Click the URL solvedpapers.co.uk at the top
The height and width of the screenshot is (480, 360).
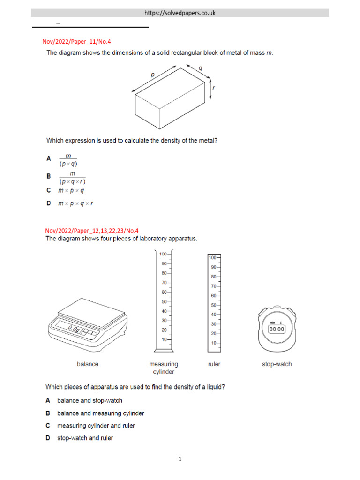tap(180, 13)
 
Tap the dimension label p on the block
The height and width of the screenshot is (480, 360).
tap(152, 75)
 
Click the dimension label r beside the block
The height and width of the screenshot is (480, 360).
tap(214, 88)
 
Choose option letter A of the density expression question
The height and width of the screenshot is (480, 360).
tap(48, 159)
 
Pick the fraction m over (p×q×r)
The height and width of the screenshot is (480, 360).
tap(72, 178)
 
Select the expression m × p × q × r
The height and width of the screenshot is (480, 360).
tap(79, 203)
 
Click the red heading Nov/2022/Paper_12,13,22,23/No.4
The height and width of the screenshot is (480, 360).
tap(92, 230)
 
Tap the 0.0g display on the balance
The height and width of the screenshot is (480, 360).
tap(73, 329)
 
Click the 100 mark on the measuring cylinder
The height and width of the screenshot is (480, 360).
tap(163, 254)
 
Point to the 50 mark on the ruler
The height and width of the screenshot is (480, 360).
tap(213, 305)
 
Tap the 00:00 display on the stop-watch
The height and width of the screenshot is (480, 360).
tap(276, 330)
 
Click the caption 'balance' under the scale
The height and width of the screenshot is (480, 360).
tap(88, 364)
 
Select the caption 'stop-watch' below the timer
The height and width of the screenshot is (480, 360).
tap(277, 364)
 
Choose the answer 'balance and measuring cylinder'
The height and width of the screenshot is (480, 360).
tap(100, 413)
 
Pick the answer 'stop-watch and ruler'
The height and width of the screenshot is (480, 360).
tap(85, 438)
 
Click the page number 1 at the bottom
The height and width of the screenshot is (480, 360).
tap(180, 460)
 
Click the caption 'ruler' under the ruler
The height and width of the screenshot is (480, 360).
tap(214, 364)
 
